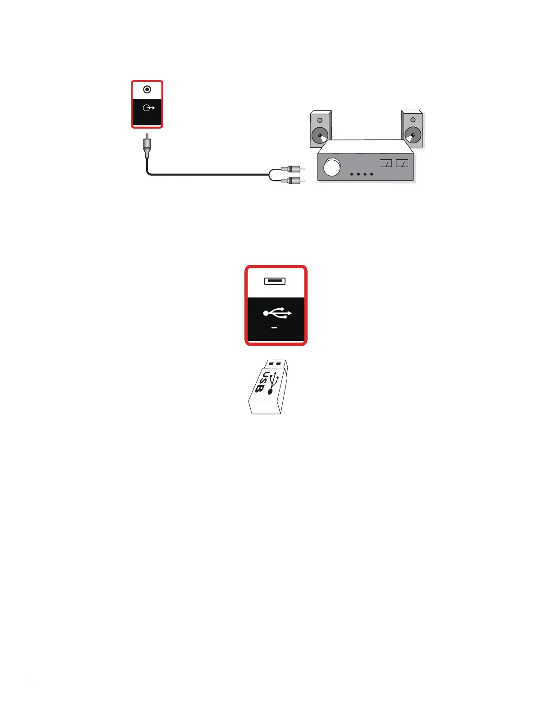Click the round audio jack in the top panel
click(x=147, y=89)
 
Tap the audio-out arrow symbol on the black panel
click(x=148, y=108)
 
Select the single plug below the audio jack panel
click(x=147, y=146)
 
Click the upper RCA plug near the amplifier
click(x=293, y=169)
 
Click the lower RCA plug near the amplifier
click(x=293, y=181)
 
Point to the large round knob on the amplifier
click(x=332, y=167)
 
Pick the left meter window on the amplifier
click(x=386, y=163)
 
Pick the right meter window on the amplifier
click(x=402, y=163)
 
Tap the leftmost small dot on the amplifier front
click(x=352, y=174)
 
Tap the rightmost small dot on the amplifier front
click(x=372, y=174)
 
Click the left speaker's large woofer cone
click(x=320, y=135)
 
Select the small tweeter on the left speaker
click(x=320, y=121)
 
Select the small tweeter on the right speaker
click(x=413, y=121)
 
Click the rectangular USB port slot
click(x=275, y=281)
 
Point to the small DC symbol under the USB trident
click(x=274, y=328)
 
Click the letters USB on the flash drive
click(x=262, y=382)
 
